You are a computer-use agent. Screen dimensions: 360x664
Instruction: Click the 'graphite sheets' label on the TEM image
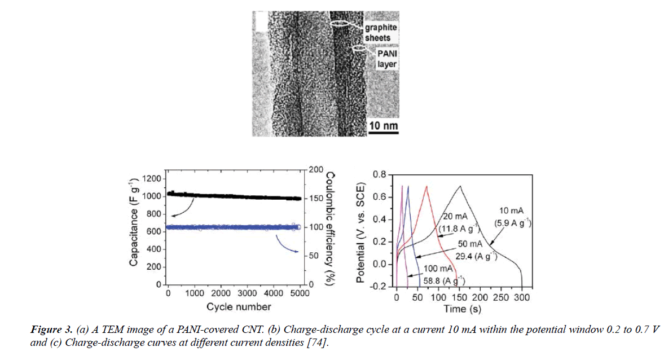pyautogui.click(x=381, y=32)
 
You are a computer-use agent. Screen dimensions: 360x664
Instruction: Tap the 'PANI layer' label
pyautogui.click(x=387, y=59)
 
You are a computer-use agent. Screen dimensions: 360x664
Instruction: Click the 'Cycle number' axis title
pyautogui.click(x=238, y=307)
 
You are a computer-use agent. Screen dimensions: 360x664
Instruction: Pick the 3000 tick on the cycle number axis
pyautogui.click(x=247, y=294)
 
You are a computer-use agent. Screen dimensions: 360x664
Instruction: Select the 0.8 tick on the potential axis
pyautogui.click(x=379, y=175)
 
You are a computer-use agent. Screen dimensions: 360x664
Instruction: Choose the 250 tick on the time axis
pyautogui.click(x=502, y=297)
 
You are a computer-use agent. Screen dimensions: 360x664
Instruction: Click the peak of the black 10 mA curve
pyautogui.click(x=460, y=186)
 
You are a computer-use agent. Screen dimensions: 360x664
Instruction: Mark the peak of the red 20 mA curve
pyautogui.click(x=427, y=186)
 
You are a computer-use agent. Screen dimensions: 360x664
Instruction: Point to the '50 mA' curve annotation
pyautogui.click(x=469, y=244)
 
